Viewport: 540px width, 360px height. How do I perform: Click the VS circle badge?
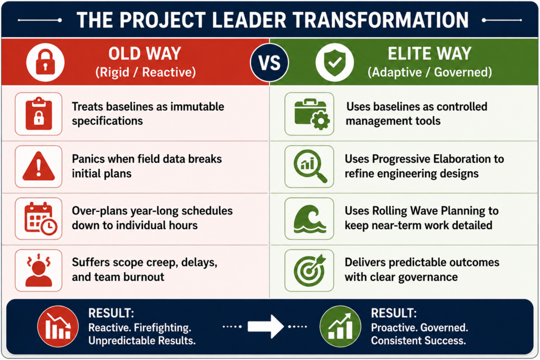pos(269,63)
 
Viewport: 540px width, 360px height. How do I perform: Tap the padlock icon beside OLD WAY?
pos(45,62)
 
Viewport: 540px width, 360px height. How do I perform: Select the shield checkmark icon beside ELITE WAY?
pos(334,62)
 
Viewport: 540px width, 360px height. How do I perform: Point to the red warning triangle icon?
pos(38,166)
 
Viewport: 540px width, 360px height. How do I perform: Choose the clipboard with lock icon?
pos(38,113)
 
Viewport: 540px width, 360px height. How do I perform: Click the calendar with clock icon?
pos(40,219)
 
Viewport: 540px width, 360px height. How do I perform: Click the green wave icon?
pos(310,219)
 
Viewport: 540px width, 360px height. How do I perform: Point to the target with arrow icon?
pos(310,270)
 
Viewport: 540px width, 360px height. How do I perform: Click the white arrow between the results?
pos(266,326)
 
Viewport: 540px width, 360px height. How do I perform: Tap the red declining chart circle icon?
pos(58,326)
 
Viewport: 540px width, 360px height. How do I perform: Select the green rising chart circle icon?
pos(340,326)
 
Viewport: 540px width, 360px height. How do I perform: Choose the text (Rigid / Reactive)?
pos(146,72)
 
